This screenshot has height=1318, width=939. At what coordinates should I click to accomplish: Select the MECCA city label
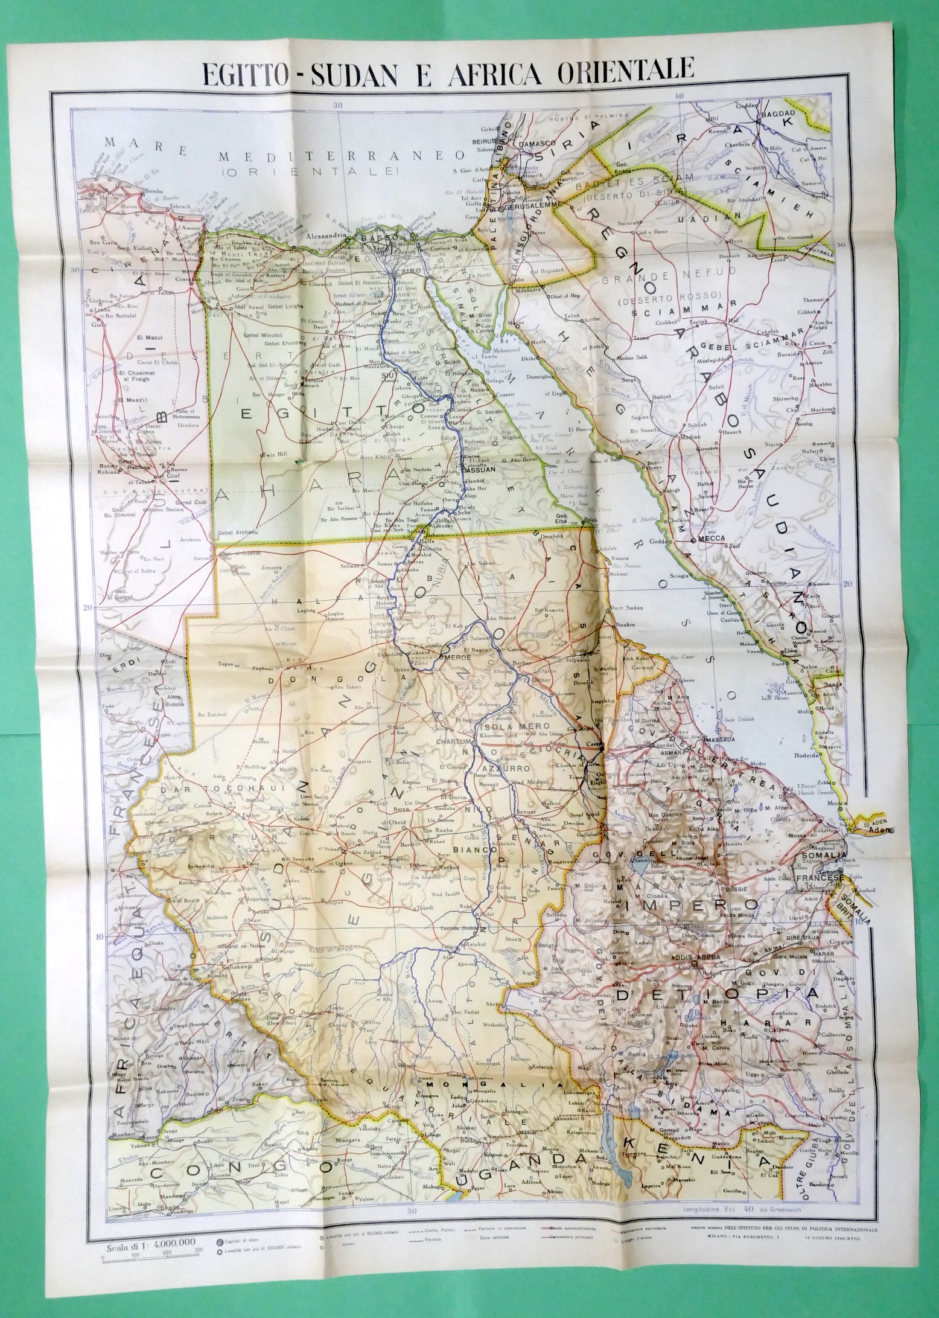tap(710, 537)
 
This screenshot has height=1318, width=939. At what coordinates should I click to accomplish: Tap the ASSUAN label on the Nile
tap(481, 469)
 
